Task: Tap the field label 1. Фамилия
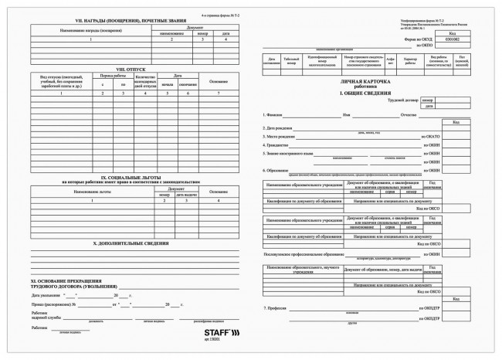tap(275, 115)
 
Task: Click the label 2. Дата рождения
tap(280, 127)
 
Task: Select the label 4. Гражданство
tap(277, 144)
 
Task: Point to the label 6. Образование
tap(278, 170)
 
